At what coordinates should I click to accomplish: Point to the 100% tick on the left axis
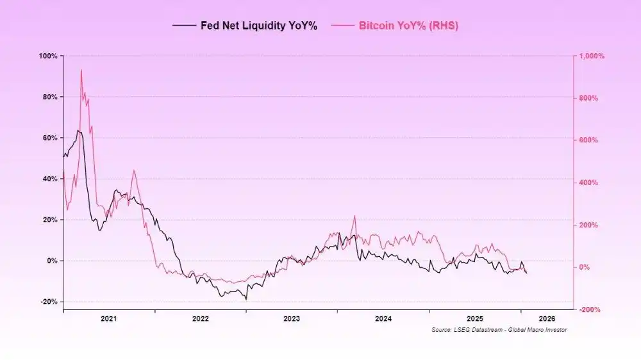pos(49,56)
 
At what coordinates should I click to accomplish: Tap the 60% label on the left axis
pos(50,138)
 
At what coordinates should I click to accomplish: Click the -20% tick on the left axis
pos(49,302)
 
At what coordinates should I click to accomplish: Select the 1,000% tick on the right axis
pos(592,56)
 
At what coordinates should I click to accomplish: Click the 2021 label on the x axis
pos(108,318)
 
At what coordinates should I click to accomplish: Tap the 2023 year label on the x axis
pos(292,318)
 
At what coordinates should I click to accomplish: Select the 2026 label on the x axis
pos(547,318)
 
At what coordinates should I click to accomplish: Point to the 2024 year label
pos(383,318)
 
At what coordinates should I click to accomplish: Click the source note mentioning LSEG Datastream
pos(499,330)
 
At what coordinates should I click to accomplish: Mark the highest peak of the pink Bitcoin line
pos(81,70)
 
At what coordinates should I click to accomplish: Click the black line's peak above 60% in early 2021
pos(78,131)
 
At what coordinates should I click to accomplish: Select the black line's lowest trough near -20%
pos(246,299)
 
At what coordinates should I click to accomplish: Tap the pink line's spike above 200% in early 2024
pos(354,216)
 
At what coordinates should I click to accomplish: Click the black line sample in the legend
pos(185,26)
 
